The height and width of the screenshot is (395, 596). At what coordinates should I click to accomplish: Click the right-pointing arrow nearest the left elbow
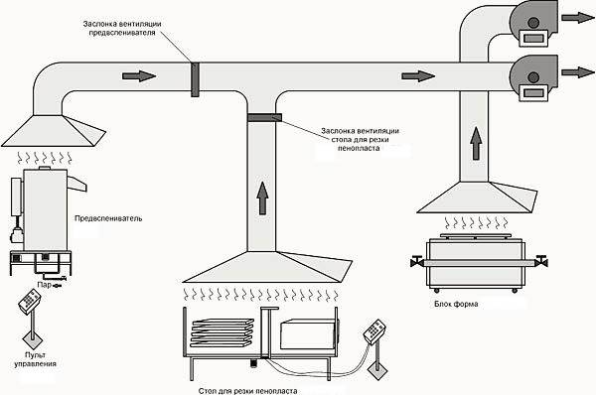pyautogui.click(x=141, y=76)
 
